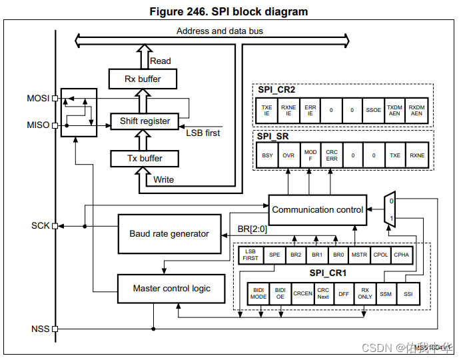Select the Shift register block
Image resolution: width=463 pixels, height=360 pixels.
tap(145, 121)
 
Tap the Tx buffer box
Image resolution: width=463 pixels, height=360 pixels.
tap(145, 159)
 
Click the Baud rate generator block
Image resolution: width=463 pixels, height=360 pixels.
tap(169, 234)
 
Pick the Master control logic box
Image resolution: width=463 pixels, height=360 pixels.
tap(171, 289)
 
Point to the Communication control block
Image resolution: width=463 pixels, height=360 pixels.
tap(318, 209)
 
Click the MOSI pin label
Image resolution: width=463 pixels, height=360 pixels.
tap(38, 98)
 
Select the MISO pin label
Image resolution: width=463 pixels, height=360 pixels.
tap(38, 125)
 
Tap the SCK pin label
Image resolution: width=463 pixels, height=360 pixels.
tap(40, 225)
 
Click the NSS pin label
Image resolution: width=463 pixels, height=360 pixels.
tap(40, 329)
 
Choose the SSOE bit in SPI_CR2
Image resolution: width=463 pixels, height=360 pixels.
tap(374, 110)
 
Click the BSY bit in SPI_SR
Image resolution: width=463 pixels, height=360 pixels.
tap(266, 155)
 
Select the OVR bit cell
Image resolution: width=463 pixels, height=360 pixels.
tap(288, 155)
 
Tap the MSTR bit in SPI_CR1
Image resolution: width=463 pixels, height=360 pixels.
tap(360, 255)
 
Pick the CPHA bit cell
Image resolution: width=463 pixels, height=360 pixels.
tap(402, 255)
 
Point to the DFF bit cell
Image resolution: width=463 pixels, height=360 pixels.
tap(343, 294)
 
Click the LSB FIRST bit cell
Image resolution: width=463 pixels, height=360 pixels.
tap(250, 255)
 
